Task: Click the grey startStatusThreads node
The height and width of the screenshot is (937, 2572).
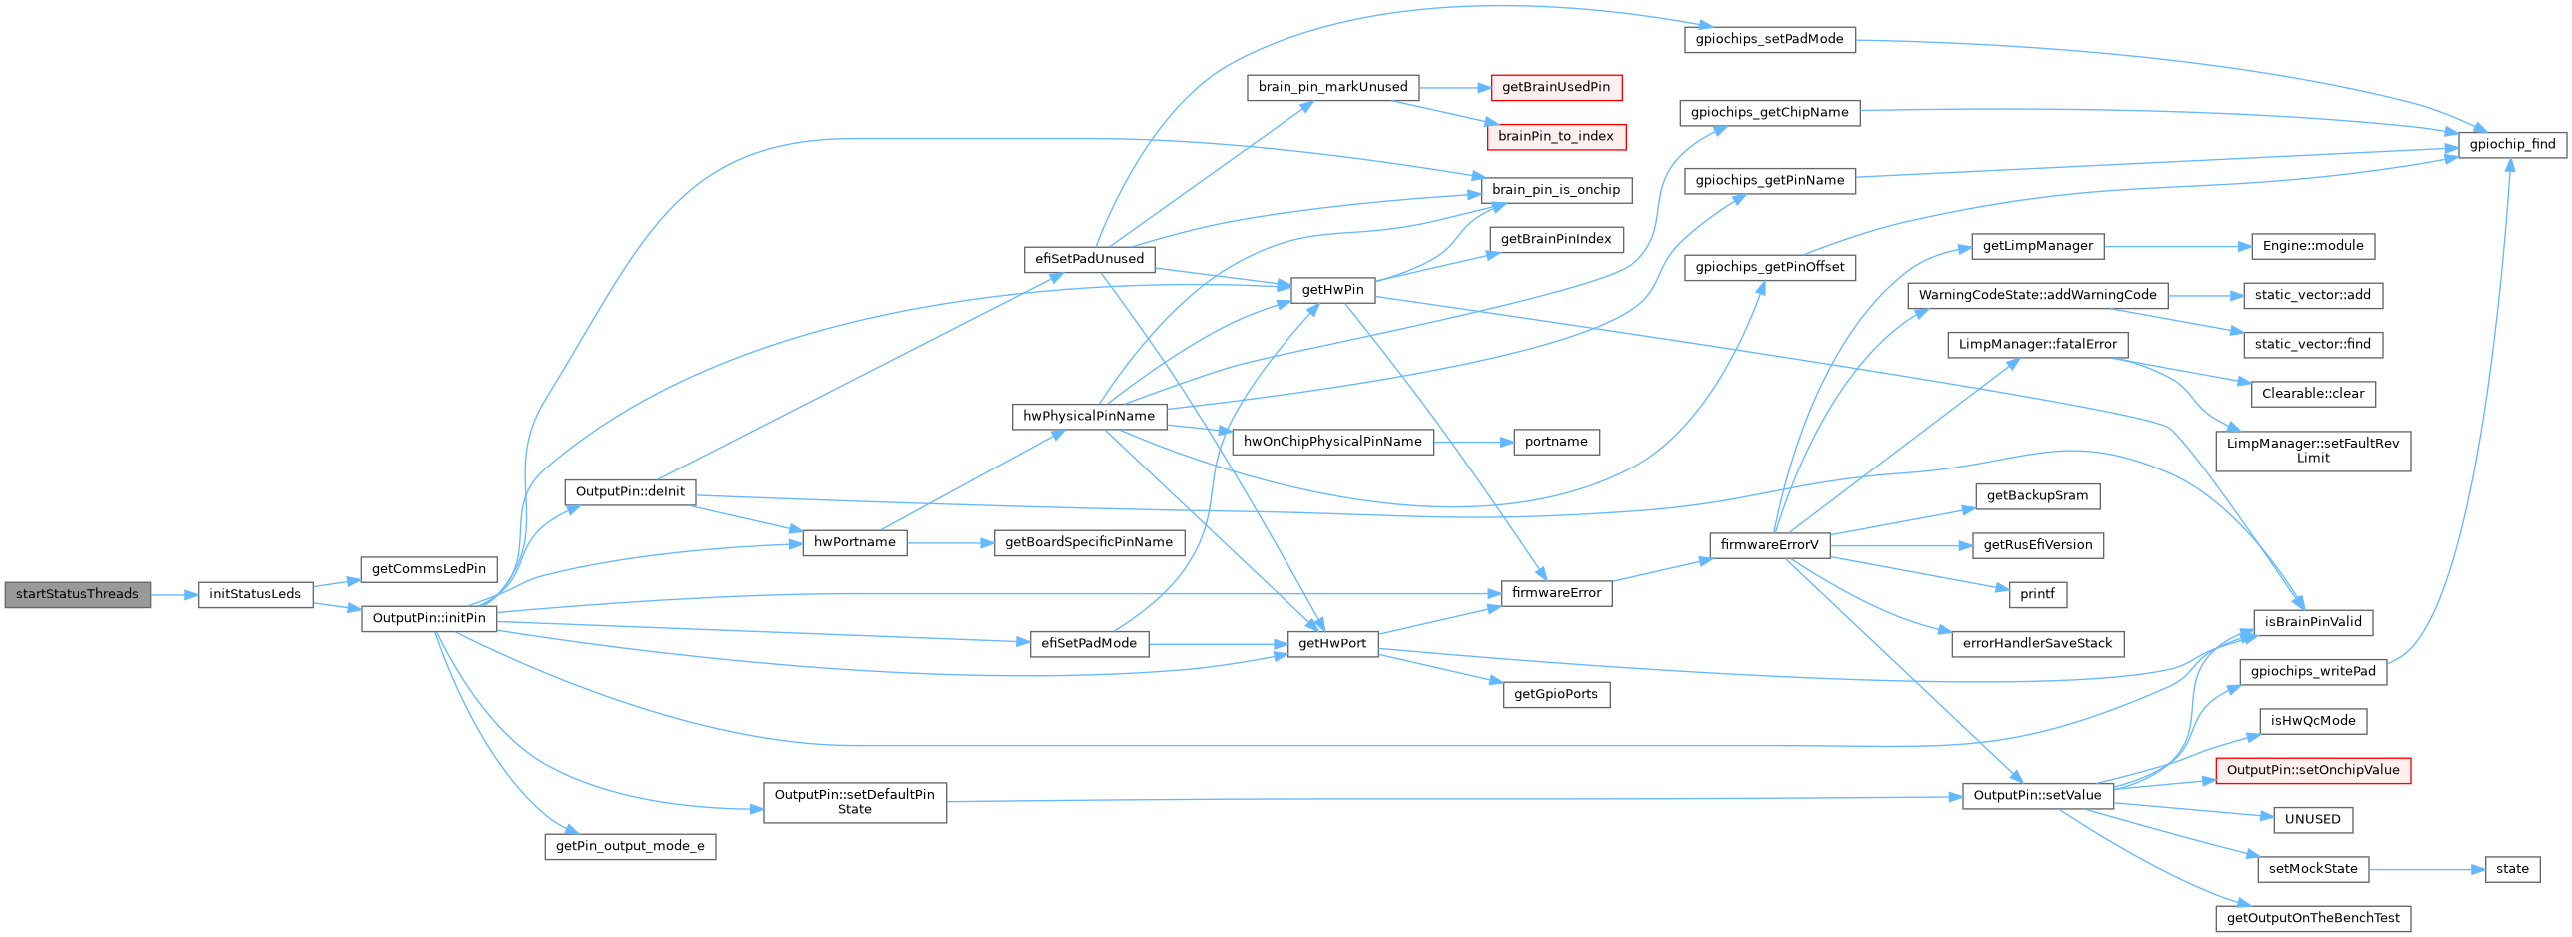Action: (77, 594)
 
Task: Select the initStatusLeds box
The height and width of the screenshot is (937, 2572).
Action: (255, 594)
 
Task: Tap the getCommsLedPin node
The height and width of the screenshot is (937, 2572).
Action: (429, 569)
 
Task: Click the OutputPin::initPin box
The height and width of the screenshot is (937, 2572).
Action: (429, 618)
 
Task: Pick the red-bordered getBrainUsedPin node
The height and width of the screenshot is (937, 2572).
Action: (1555, 87)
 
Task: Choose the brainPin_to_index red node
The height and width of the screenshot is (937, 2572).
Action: (1555, 136)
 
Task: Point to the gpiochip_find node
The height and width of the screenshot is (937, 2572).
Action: (2512, 144)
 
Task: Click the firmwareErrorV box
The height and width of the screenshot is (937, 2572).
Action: (1769, 545)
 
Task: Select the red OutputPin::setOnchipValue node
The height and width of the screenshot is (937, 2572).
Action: (2312, 770)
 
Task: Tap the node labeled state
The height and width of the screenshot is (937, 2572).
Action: (2511, 869)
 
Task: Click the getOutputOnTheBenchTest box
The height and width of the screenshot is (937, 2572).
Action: (2312, 918)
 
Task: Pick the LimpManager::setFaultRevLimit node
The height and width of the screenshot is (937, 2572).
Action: (2312, 451)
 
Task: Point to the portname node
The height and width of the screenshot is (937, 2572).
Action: (1555, 442)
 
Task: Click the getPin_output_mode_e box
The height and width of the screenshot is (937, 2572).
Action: (630, 846)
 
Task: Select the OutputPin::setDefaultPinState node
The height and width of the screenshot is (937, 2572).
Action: (854, 802)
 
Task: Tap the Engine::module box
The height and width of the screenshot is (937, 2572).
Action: (2312, 246)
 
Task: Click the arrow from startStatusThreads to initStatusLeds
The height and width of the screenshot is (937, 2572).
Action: (174, 595)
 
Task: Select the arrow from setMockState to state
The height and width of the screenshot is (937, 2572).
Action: (2426, 869)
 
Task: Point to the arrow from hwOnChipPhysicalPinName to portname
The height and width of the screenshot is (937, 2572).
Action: (1473, 442)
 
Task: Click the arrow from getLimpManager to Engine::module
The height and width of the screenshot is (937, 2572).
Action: (2177, 246)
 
